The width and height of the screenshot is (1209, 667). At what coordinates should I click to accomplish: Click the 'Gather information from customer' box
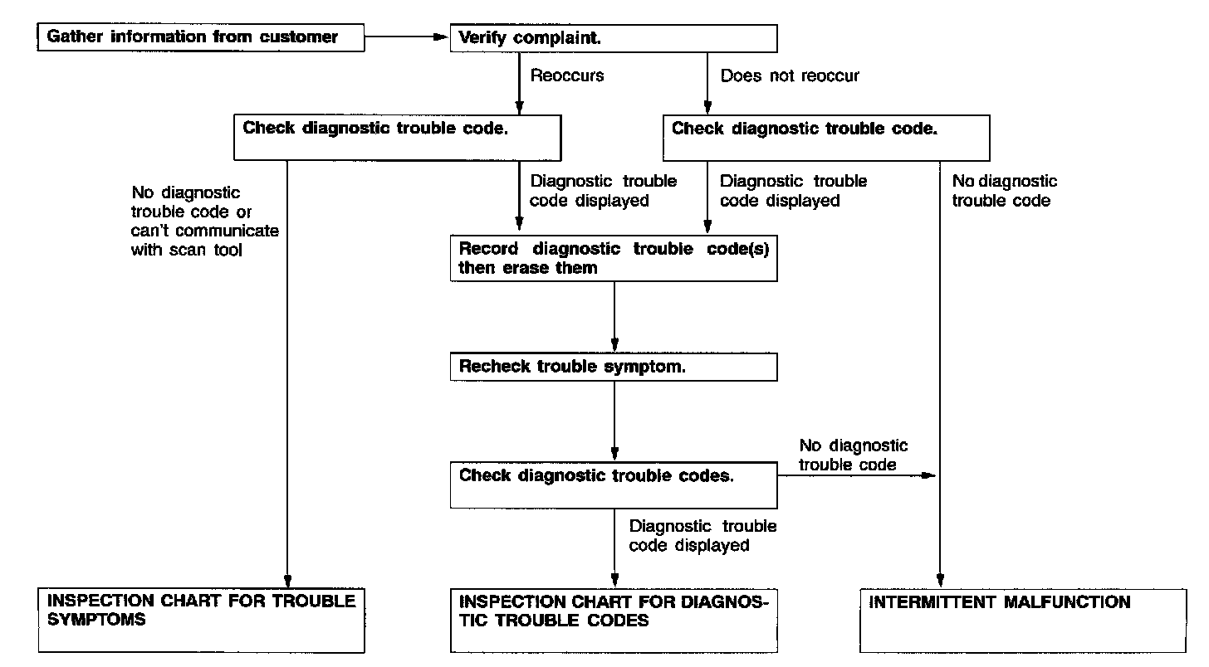click(201, 37)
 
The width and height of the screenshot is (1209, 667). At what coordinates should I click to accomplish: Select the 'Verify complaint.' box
click(614, 38)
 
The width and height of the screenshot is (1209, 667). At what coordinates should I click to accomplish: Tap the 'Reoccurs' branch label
click(566, 75)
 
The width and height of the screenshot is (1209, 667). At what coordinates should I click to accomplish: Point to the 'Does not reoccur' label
click(790, 75)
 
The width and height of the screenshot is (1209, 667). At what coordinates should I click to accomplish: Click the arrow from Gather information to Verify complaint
click(407, 37)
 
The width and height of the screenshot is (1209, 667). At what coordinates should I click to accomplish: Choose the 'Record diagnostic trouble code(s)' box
click(614, 258)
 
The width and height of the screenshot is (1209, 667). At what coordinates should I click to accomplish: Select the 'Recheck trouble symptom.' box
click(614, 368)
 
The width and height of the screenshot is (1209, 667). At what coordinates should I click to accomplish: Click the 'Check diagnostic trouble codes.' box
click(614, 485)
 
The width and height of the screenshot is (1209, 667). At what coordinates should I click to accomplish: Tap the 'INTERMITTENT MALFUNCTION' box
click(1023, 621)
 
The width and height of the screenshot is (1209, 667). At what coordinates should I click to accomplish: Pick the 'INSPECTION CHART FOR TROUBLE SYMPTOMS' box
click(201, 621)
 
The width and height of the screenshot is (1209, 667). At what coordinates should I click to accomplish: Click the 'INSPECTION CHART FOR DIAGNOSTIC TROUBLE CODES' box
click(614, 621)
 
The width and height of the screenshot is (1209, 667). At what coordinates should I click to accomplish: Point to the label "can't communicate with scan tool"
click(204, 241)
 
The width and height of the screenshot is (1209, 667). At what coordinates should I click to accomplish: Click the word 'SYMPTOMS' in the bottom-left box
click(96, 620)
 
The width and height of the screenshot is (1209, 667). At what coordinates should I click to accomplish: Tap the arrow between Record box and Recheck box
click(614, 317)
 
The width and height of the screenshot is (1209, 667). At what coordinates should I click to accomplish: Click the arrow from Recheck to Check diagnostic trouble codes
click(614, 421)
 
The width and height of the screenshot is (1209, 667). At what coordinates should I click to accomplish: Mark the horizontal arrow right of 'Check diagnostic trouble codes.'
click(857, 475)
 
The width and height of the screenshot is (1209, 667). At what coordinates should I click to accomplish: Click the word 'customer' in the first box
click(298, 37)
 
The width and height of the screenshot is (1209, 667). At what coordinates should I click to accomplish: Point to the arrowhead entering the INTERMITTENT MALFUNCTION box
click(940, 582)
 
